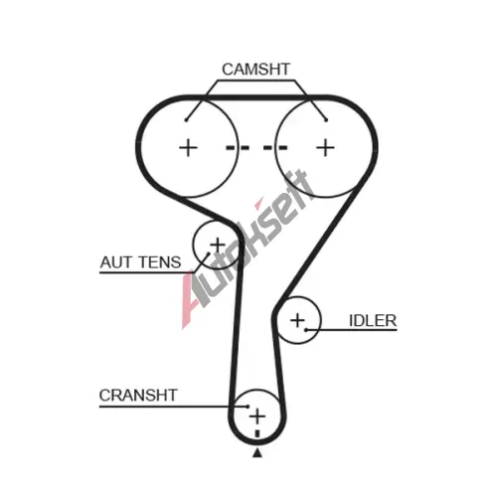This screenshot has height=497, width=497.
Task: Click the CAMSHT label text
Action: [255, 70]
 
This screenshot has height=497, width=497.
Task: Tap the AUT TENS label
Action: [140, 262]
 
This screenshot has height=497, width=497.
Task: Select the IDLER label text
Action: [373, 320]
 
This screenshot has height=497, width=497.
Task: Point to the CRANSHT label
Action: [138, 395]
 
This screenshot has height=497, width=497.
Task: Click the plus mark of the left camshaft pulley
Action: [188, 148]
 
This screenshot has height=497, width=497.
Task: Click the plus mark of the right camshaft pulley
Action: [325, 148]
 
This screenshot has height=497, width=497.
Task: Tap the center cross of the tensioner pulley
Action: [218, 246]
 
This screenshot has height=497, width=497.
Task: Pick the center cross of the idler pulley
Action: [297, 320]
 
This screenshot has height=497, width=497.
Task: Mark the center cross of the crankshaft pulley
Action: [257, 416]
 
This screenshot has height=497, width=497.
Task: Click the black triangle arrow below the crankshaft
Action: [257, 453]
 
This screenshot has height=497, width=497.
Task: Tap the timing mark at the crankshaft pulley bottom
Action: [257, 434]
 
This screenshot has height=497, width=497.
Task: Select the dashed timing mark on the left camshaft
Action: [238, 147]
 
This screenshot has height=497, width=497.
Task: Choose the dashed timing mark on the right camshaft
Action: [275, 147]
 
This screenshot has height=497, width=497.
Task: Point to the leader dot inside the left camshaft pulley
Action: [186, 120]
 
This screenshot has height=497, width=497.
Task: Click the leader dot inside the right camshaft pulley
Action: [326, 120]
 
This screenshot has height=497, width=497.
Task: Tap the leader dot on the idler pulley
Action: [306, 330]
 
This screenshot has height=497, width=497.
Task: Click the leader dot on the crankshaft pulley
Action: [248, 407]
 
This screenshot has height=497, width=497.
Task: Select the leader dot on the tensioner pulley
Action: [209, 253]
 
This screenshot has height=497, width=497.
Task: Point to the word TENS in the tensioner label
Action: [160, 262]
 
